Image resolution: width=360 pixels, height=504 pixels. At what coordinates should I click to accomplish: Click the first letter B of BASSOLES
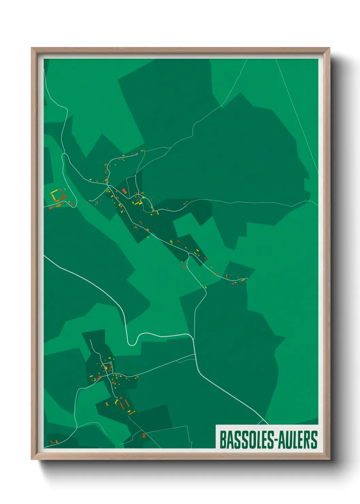click(x=223, y=440)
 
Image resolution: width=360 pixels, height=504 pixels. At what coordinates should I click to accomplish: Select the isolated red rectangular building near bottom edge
click(x=144, y=435)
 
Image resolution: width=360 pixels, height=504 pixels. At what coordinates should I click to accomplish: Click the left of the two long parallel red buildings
click(x=121, y=405)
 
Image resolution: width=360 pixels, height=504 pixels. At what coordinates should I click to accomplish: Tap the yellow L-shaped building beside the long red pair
click(x=116, y=402)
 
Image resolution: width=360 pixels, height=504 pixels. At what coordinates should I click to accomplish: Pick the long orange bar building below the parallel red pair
click(x=131, y=412)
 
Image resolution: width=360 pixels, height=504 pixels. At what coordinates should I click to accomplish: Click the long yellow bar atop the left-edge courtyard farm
click(x=53, y=196)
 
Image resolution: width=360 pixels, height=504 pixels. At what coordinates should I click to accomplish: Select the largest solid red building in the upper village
click(x=124, y=191)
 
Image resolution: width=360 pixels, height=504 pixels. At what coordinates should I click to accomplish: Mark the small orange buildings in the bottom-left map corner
click(x=54, y=442)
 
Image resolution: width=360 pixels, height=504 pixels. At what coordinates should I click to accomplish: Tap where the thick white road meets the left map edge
click(x=45, y=256)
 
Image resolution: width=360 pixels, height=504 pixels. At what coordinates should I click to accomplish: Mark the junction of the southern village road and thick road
click(x=195, y=356)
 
